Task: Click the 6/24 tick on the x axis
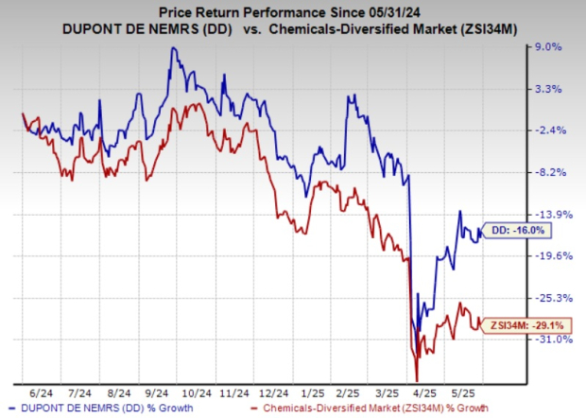(x=40, y=390)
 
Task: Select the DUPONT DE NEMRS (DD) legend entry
(x=107, y=408)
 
